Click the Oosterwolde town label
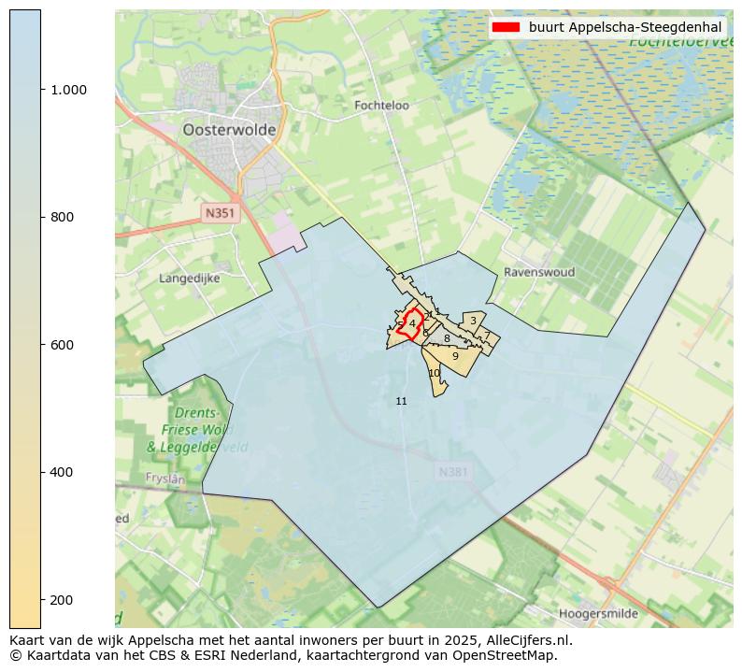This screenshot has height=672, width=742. click(x=229, y=131)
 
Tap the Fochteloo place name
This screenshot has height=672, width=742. click(x=381, y=106)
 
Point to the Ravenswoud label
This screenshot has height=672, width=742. click(x=539, y=272)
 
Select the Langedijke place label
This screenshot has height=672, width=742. click(x=190, y=278)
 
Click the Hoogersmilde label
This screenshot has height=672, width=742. click(x=599, y=614)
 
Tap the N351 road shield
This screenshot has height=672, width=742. click(x=221, y=213)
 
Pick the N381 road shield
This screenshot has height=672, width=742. click(x=453, y=473)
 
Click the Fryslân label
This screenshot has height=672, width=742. click(x=165, y=478)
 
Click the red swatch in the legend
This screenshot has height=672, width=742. click(x=506, y=27)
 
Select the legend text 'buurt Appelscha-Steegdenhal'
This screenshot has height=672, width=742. click(x=624, y=27)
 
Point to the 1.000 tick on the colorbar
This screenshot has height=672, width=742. click(x=69, y=90)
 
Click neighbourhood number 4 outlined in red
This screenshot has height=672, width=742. click(x=412, y=323)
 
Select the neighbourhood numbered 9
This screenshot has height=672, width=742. click(x=455, y=356)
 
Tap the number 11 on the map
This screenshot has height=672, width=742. click(x=402, y=401)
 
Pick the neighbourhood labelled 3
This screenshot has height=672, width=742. click(x=473, y=321)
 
